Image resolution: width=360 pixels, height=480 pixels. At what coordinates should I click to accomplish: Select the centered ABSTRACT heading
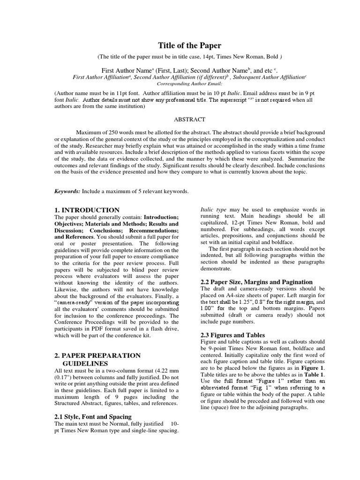click(x=180, y=120)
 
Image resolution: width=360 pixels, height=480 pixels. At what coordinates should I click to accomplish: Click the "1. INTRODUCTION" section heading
click(x=87, y=210)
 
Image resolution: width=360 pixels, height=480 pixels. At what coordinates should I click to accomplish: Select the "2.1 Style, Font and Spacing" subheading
click(x=93, y=416)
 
